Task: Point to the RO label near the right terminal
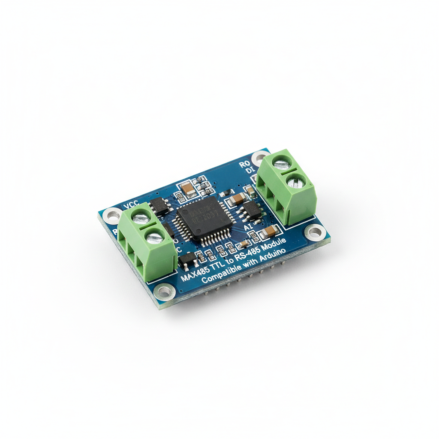[x=244, y=164]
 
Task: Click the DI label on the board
[x=250, y=171]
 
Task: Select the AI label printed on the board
[x=248, y=226]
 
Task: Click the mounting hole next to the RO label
[x=259, y=157]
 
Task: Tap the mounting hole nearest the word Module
[x=315, y=233]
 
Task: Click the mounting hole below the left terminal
[x=164, y=292]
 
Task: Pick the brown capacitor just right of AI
[x=270, y=232]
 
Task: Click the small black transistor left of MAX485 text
[x=187, y=258]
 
